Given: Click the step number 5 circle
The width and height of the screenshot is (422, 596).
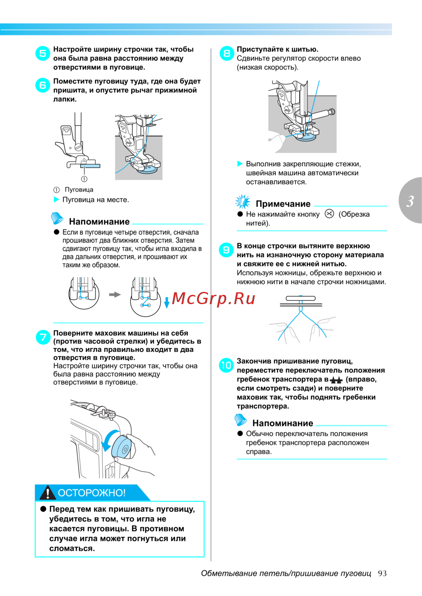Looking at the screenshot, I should (43, 53).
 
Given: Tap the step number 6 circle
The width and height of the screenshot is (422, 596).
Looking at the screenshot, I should (43, 85).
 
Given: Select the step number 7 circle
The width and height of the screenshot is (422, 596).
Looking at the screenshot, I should (43, 337).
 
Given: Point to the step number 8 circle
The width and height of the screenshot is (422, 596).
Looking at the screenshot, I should (227, 53).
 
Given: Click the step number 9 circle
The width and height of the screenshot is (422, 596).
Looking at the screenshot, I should (227, 250).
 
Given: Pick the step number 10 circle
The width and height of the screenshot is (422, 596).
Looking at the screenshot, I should (226, 365).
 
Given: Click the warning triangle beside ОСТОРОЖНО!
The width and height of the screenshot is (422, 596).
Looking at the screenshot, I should (48, 493).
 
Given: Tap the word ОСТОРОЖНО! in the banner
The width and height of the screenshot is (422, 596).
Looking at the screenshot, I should (92, 493).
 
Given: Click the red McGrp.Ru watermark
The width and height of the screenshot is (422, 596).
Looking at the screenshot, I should (214, 298).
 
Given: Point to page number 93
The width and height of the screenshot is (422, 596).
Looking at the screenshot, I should (382, 573).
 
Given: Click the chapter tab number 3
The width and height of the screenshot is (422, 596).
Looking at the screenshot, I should (410, 201).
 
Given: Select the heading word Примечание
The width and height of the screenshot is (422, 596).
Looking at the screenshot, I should (283, 204).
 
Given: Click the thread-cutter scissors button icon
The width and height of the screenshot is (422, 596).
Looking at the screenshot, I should (329, 214).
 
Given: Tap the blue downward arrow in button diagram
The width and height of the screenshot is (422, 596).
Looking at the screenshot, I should (167, 302).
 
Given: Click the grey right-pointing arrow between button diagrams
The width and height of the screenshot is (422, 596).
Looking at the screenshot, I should (115, 294).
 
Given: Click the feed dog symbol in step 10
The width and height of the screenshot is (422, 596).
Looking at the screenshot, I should (336, 380).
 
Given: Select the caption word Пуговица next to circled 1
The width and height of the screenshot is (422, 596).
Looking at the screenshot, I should (79, 190).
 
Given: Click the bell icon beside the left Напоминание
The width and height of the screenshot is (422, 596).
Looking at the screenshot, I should (57, 218).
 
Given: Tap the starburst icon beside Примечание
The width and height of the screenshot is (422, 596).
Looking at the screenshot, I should (243, 202).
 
